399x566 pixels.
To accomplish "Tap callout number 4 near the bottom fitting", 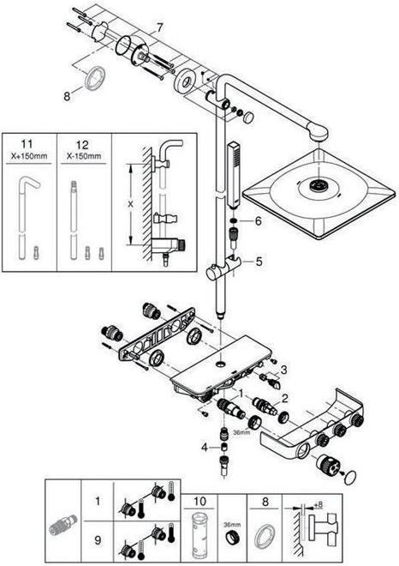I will pos(203,447).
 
